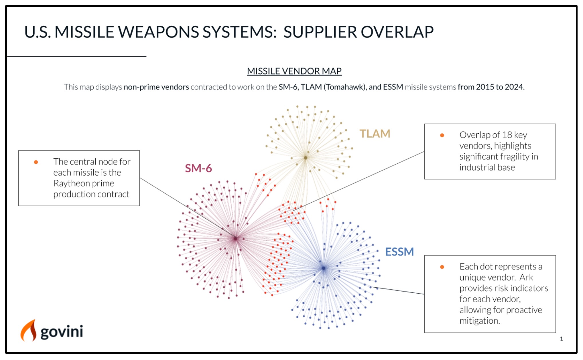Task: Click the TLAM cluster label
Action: (375, 134)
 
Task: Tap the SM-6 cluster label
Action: (198, 168)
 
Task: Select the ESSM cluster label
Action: (399, 252)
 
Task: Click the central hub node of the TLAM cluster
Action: (306, 158)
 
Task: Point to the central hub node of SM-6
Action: (236, 238)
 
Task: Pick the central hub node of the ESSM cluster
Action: (323, 268)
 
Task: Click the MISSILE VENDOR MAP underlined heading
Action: (294, 71)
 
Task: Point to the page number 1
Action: (561, 339)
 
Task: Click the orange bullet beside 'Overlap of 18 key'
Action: (442, 135)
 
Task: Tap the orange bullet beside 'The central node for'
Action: (36, 162)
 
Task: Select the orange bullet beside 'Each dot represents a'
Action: (442, 267)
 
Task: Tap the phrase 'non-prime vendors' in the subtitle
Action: (156, 87)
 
